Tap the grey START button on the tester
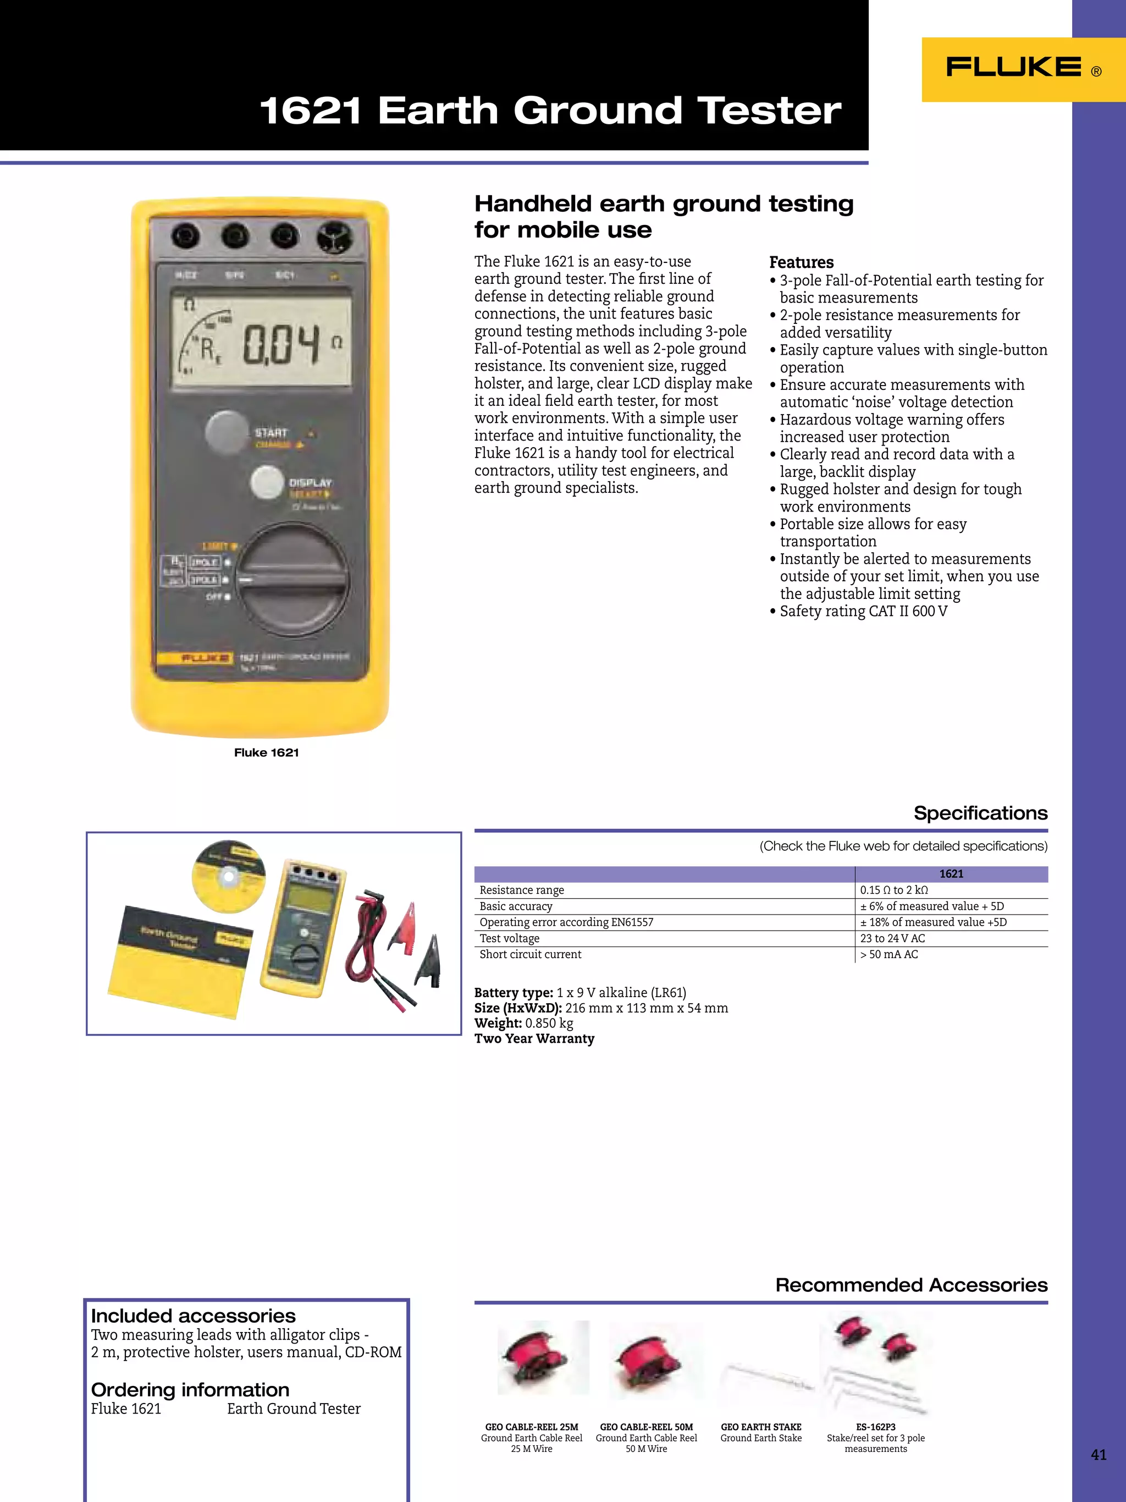coord(227,432)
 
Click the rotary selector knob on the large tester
coord(293,580)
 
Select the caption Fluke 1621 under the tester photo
coord(266,752)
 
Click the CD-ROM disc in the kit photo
coord(229,877)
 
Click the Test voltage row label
coord(510,938)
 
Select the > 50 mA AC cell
coord(889,955)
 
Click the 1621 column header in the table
coord(951,874)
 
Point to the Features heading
coord(801,263)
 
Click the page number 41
coord(1098,1455)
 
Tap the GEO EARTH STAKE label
coord(761,1427)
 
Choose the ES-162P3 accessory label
coord(875,1427)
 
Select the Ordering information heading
coord(190,1389)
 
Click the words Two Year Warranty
coord(534,1038)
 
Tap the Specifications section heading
coord(980,813)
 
